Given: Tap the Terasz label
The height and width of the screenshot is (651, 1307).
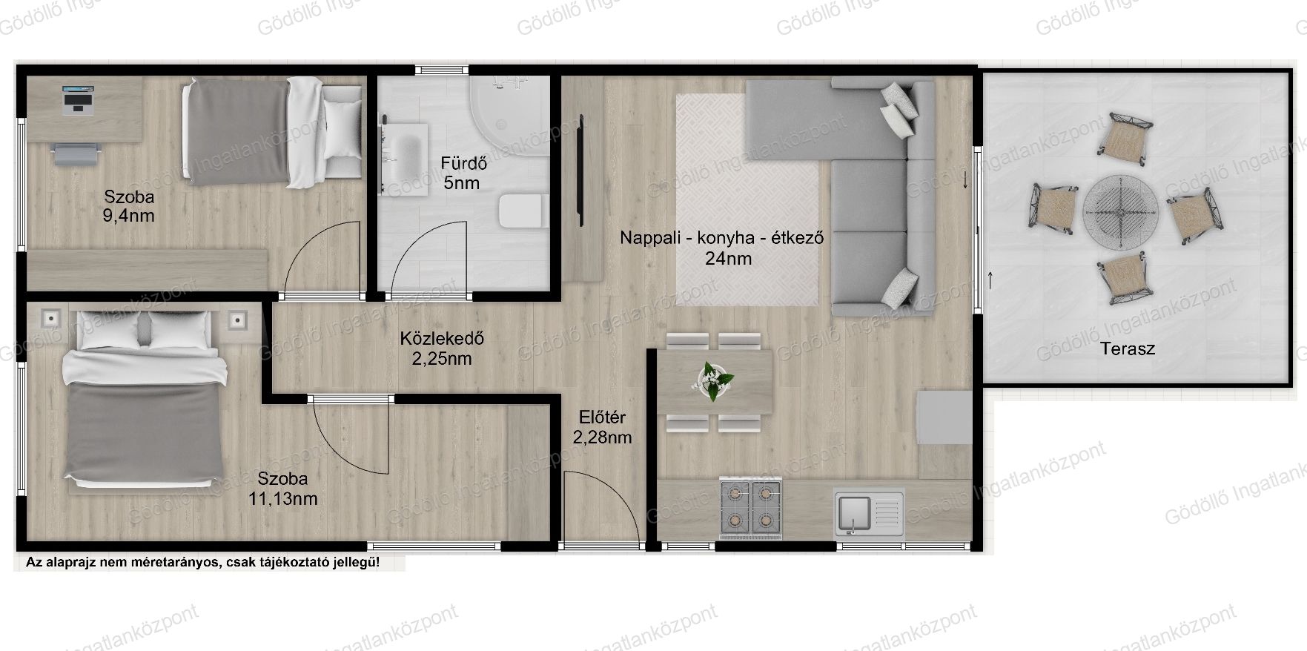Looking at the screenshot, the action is (x=1128, y=348).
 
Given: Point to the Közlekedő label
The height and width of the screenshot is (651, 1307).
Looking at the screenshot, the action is (x=442, y=339).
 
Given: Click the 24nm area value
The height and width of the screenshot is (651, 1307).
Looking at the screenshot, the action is (x=728, y=259).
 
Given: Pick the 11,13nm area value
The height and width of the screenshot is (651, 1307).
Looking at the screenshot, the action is (x=282, y=499).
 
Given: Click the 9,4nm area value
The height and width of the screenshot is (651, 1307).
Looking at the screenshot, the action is (x=129, y=217).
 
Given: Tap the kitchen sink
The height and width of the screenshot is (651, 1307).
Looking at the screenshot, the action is (x=869, y=512).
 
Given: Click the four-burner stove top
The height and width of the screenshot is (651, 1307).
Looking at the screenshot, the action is (x=750, y=509).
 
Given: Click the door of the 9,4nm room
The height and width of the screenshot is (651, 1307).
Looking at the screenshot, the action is (x=325, y=257).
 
